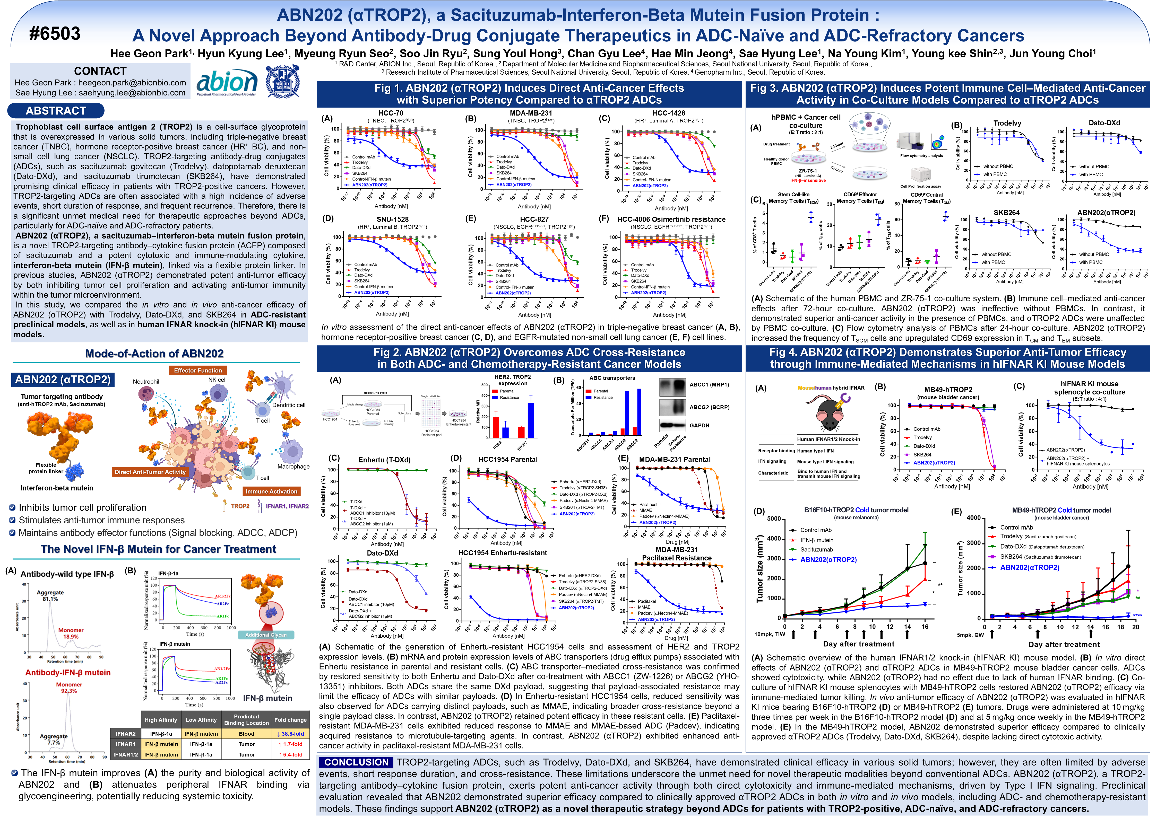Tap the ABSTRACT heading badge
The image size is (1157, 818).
coord(56,111)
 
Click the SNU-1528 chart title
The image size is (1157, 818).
coord(393,219)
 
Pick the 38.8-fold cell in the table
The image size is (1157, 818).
coord(290,734)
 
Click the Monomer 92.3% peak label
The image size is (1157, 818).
coord(69,688)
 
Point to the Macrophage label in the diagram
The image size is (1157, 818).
coord(293,467)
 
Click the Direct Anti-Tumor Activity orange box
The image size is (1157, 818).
coord(150,472)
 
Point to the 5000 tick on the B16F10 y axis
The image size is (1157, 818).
coord(773,519)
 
